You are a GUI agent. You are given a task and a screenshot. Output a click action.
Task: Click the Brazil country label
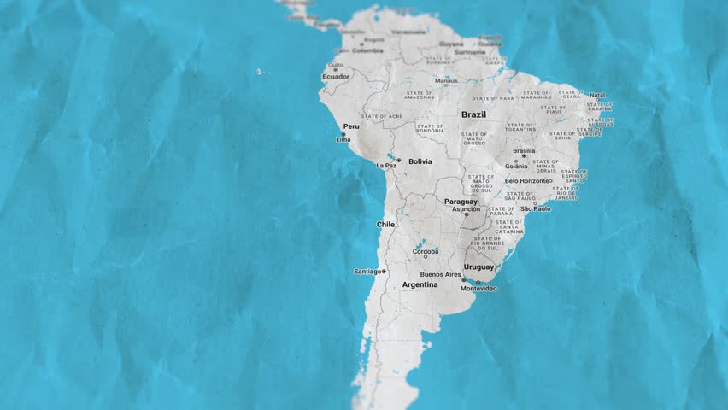coord(473,114)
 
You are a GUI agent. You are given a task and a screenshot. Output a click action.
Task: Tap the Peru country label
coord(351,126)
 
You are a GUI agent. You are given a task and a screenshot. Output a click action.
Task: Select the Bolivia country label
coord(420,161)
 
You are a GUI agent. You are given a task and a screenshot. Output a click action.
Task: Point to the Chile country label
coord(386,224)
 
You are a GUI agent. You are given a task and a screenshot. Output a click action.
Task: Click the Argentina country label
coord(420,284)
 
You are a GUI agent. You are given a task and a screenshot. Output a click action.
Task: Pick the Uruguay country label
coord(479,267)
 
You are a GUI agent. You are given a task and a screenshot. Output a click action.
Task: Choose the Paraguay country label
coord(461,202)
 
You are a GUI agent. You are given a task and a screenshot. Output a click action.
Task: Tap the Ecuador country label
coord(336,77)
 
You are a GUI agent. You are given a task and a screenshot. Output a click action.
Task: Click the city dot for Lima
coord(343,134)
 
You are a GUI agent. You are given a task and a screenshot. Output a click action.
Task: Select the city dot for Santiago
coord(385,272)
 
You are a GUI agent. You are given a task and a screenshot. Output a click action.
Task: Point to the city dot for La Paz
coord(398,160)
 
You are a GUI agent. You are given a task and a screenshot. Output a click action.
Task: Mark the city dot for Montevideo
coord(478,283)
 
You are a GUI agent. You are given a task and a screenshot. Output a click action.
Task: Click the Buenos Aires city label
coord(441,274)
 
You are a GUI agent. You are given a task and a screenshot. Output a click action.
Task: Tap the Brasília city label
coord(524,150)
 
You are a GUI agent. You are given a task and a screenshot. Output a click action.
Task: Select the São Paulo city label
coord(536,208)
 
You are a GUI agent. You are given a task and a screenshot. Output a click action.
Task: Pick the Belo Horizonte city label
coord(527,180)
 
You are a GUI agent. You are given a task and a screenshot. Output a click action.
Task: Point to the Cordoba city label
coord(426,252)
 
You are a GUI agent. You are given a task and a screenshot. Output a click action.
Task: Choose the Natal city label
coord(597,95)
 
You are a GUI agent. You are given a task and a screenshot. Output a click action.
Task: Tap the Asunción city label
coord(466,208)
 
